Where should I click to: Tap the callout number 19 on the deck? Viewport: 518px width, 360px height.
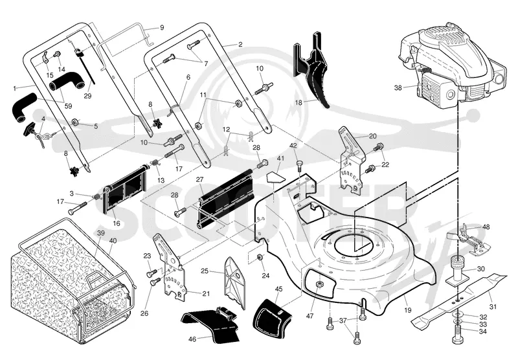pyautogui.click(x=408, y=310)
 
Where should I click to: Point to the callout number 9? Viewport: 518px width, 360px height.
pyautogui.click(x=162, y=28)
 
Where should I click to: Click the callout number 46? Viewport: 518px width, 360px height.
pyautogui.click(x=192, y=339)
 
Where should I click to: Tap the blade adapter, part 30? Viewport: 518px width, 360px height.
pyautogui.click(x=458, y=270)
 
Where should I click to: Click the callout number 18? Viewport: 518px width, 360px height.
pyautogui.click(x=298, y=102)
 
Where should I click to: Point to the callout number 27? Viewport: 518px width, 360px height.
pyautogui.click(x=199, y=179)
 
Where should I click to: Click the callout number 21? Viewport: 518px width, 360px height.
pyautogui.click(x=206, y=293)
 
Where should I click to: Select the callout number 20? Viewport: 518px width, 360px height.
pyautogui.click(x=373, y=136)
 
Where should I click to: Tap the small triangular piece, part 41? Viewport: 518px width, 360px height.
pyautogui.click(x=275, y=177)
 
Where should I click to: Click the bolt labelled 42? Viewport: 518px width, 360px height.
pyautogui.click(x=300, y=164)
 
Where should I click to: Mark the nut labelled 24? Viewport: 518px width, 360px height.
pyautogui.click(x=260, y=256)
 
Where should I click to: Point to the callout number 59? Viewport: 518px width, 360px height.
pyautogui.click(x=68, y=106)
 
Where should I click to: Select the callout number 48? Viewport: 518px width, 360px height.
pyautogui.click(x=486, y=227)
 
